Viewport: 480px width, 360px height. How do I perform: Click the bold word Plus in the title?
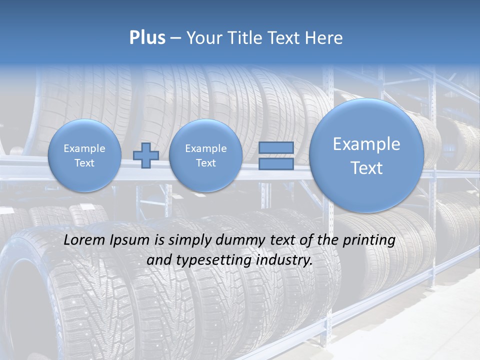coord(147,37)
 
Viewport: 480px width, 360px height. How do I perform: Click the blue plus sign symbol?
coord(146,155)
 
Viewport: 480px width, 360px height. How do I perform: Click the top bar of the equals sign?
coord(275,147)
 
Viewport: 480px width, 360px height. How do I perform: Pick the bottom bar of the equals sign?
coord(275,163)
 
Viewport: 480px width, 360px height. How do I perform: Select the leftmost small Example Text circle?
coord(84,155)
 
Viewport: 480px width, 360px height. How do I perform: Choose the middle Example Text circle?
coord(205,155)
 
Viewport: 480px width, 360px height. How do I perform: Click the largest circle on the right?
coord(366,155)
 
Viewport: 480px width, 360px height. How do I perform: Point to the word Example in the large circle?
coord(366,144)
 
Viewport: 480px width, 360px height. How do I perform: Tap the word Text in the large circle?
coord(366,168)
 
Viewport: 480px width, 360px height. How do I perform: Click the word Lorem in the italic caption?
coord(83,240)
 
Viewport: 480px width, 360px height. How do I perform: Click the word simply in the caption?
coord(191,240)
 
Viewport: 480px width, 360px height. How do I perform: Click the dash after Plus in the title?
coord(175,38)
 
